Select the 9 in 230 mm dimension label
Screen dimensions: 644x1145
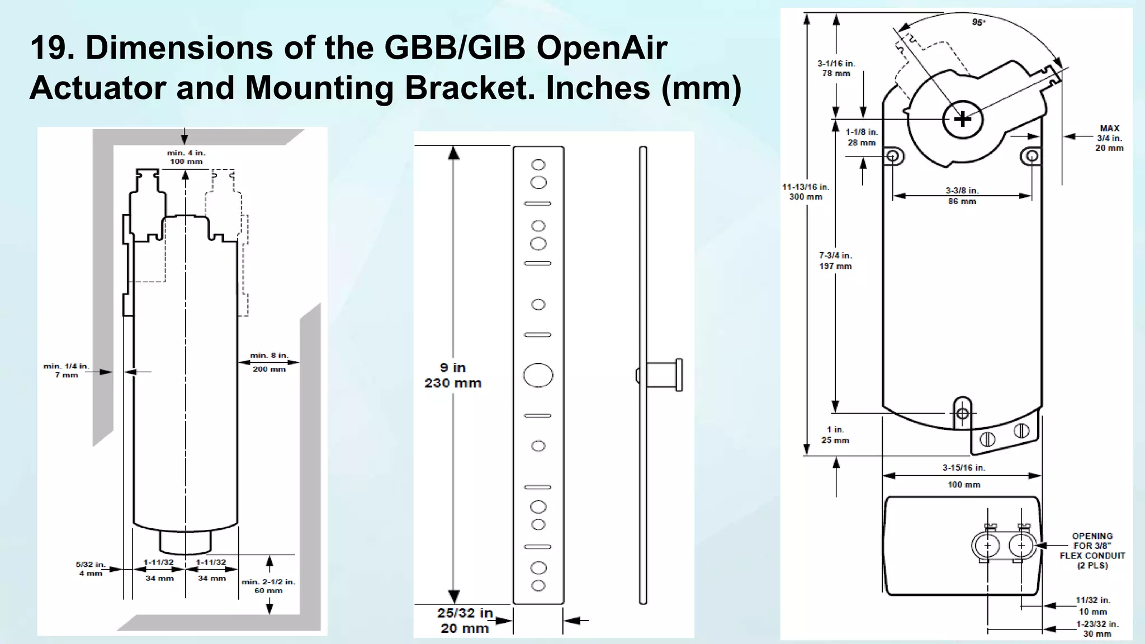tap(453, 375)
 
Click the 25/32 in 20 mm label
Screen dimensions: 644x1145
tap(465, 621)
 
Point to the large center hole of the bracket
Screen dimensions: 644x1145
tap(538, 375)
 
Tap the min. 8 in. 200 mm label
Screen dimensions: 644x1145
tap(269, 362)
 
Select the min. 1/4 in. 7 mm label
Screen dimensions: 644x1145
tap(66, 370)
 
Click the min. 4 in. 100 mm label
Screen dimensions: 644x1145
tap(186, 157)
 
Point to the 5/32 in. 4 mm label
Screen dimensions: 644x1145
tap(90, 569)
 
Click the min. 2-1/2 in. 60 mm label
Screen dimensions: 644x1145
tap(268, 586)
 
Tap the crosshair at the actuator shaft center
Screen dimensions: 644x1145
tap(962, 119)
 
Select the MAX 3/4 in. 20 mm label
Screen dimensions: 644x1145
tap(1109, 138)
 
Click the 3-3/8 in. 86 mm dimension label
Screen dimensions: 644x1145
tap(962, 196)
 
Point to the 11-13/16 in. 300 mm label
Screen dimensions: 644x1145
tap(806, 192)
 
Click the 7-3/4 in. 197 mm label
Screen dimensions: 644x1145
tap(835, 261)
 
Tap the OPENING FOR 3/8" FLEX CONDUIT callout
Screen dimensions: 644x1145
tap(1092, 551)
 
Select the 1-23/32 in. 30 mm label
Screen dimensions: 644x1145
tap(1097, 629)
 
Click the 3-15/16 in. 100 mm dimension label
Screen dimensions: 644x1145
tap(963, 476)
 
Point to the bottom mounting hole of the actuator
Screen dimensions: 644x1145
tap(962, 414)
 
